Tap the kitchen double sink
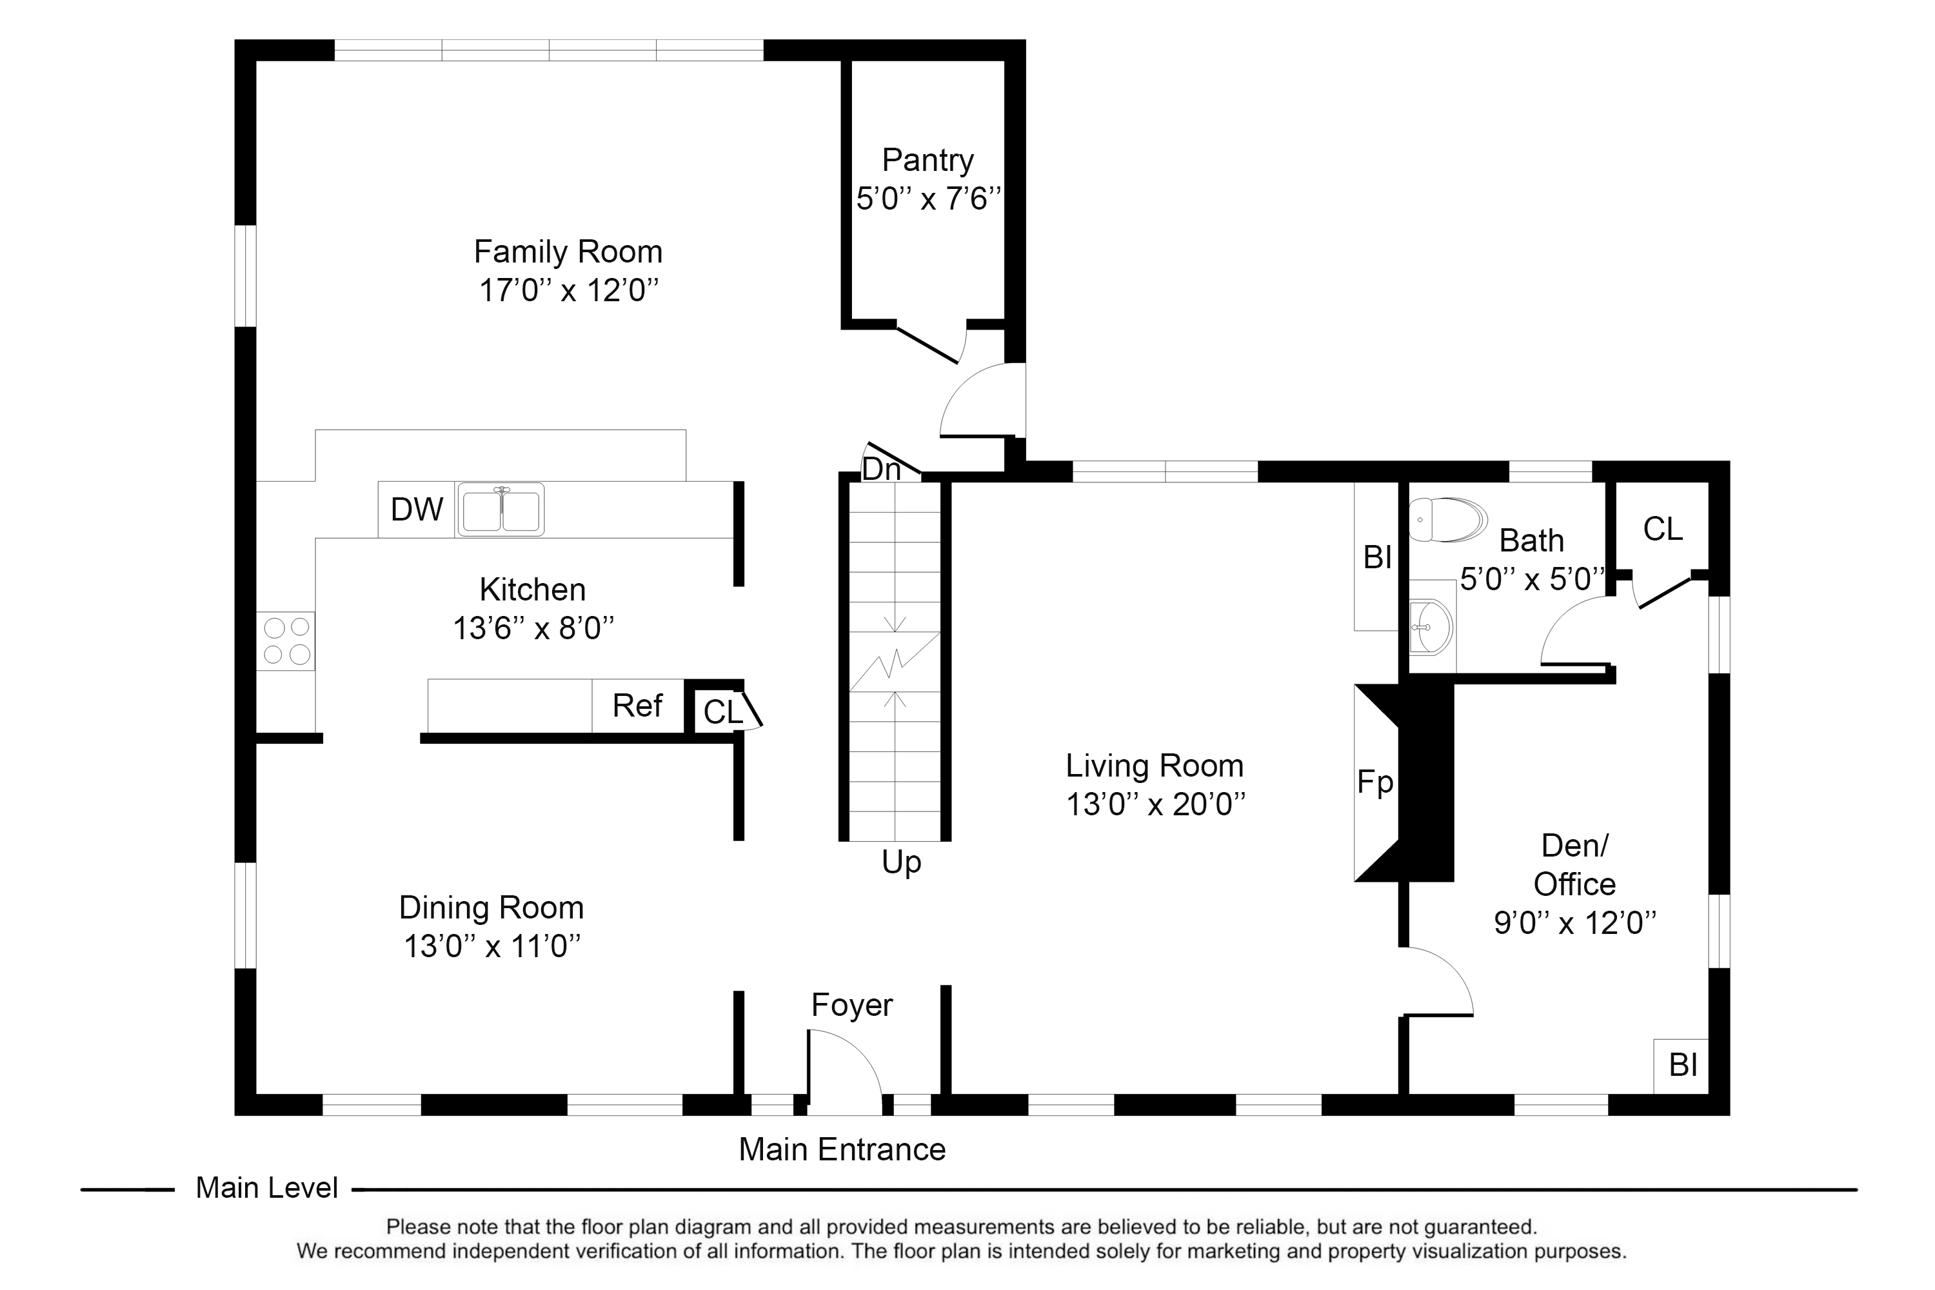pos(501,510)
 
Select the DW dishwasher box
pos(416,510)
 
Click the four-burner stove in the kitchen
pos(286,641)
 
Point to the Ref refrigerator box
pos(638,706)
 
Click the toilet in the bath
pos(1448,519)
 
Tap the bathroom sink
pos(1431,627)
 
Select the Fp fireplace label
pos(1374,782)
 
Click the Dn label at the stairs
pos(881,469)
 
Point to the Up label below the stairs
pos(902,863)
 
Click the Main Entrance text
pos(842,1149)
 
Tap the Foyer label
pos(851,1006)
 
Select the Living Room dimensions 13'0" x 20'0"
pos(1155,804)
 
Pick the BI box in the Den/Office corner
pos(1682,1066)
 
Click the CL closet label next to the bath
pos(1663,529)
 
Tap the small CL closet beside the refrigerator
pos(723,711)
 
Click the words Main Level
pos(266,1188)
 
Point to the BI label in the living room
pos(1377,557)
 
